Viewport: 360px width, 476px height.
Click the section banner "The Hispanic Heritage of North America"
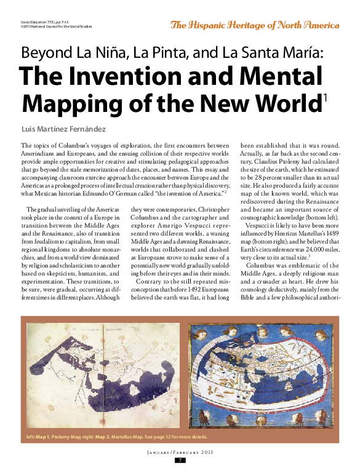pos(255,25)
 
